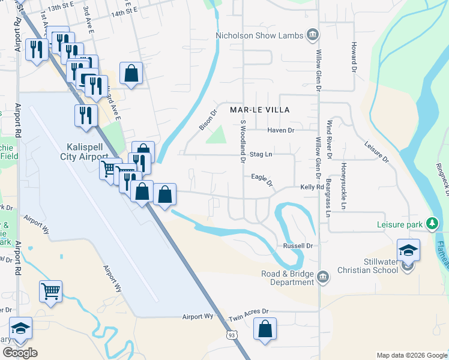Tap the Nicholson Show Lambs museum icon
(x=312, y=35)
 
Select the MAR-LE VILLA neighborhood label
(x=260, y=110)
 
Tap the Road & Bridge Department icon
(x=323, y=276)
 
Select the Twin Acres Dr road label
(x=249, y=312)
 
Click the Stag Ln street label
(x=261, y=154)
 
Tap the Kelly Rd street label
(x=312, y=187)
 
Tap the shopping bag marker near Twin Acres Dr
(x=265, y=329)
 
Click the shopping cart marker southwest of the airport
(x=51, y=292)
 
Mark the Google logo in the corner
(x=20, y=353)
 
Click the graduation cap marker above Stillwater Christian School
(x=408, y=250)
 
